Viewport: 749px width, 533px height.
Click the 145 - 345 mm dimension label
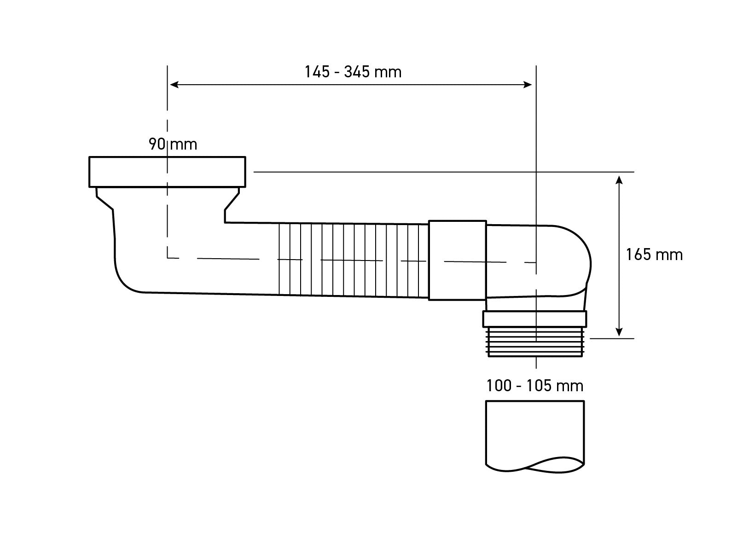click(353, 72)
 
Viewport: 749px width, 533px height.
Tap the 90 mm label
click(173, 145)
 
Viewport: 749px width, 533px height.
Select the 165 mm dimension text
click(654, 255)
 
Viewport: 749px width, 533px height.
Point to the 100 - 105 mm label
click(534, 385)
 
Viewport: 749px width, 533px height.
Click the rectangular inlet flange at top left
click(167, 172)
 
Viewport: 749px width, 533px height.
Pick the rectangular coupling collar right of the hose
click(457, 261)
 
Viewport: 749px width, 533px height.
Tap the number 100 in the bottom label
click(499, 385)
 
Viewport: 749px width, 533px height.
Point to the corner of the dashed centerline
click(168, 258)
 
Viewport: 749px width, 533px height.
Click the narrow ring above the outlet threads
click(535, 319)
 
